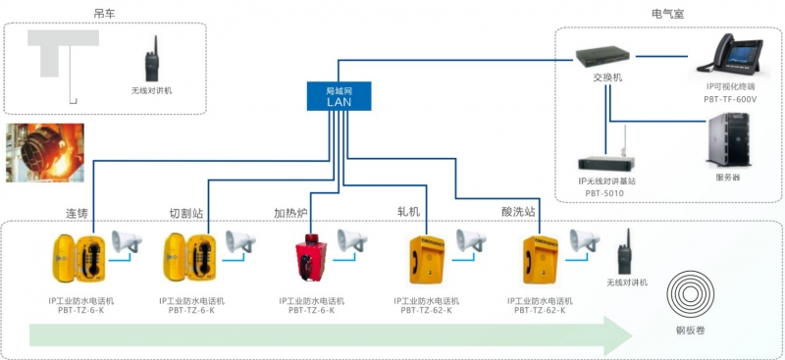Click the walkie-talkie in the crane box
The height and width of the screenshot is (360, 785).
153,61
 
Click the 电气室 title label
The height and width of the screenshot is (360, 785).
668,13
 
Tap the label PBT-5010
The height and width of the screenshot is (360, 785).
604,193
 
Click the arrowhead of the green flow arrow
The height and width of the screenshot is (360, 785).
619,335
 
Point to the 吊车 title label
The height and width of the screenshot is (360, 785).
105,13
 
